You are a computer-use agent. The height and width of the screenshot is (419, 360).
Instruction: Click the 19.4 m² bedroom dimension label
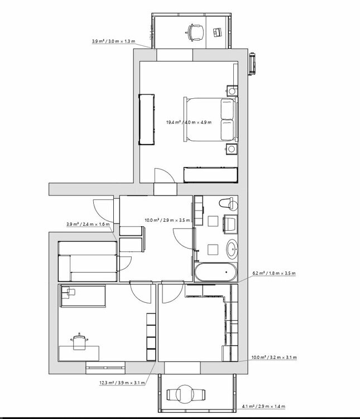click(189, 122)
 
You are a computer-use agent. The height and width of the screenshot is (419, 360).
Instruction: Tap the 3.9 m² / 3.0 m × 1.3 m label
click(113, 41)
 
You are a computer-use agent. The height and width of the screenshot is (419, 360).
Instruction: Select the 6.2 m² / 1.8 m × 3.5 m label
click(274, 273)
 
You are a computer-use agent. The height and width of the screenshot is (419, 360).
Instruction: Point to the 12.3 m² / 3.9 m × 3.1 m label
click(122, 383)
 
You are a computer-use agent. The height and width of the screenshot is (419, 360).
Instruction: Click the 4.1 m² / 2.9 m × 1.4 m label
click(263, 407)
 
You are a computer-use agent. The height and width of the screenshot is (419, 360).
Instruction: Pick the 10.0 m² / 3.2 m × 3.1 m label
click(274, 358)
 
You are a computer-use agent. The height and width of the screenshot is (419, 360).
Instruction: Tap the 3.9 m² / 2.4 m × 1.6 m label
click(88, 224)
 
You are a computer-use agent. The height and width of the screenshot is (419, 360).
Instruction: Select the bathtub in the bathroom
click(215, 272)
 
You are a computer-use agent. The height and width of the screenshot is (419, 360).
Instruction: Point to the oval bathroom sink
click(232, 249)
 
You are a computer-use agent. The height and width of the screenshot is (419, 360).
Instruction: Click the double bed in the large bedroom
click(210, 119)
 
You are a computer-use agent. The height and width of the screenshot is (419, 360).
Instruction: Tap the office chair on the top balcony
click(195, 32)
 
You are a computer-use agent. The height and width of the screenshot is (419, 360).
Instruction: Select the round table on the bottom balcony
click(186, 394)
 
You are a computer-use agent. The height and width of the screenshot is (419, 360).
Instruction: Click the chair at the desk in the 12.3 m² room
click(79, 341)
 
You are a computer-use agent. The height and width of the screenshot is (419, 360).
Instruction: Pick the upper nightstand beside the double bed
click(232, 91)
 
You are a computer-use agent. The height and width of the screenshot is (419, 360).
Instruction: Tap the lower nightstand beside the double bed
click(232, 149)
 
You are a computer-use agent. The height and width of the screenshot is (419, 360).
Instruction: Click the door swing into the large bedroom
click(165, 175)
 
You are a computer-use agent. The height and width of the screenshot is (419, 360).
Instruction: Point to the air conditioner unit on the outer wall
click(253, 64)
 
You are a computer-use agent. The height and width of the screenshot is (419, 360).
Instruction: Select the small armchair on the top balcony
click(217, 32)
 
